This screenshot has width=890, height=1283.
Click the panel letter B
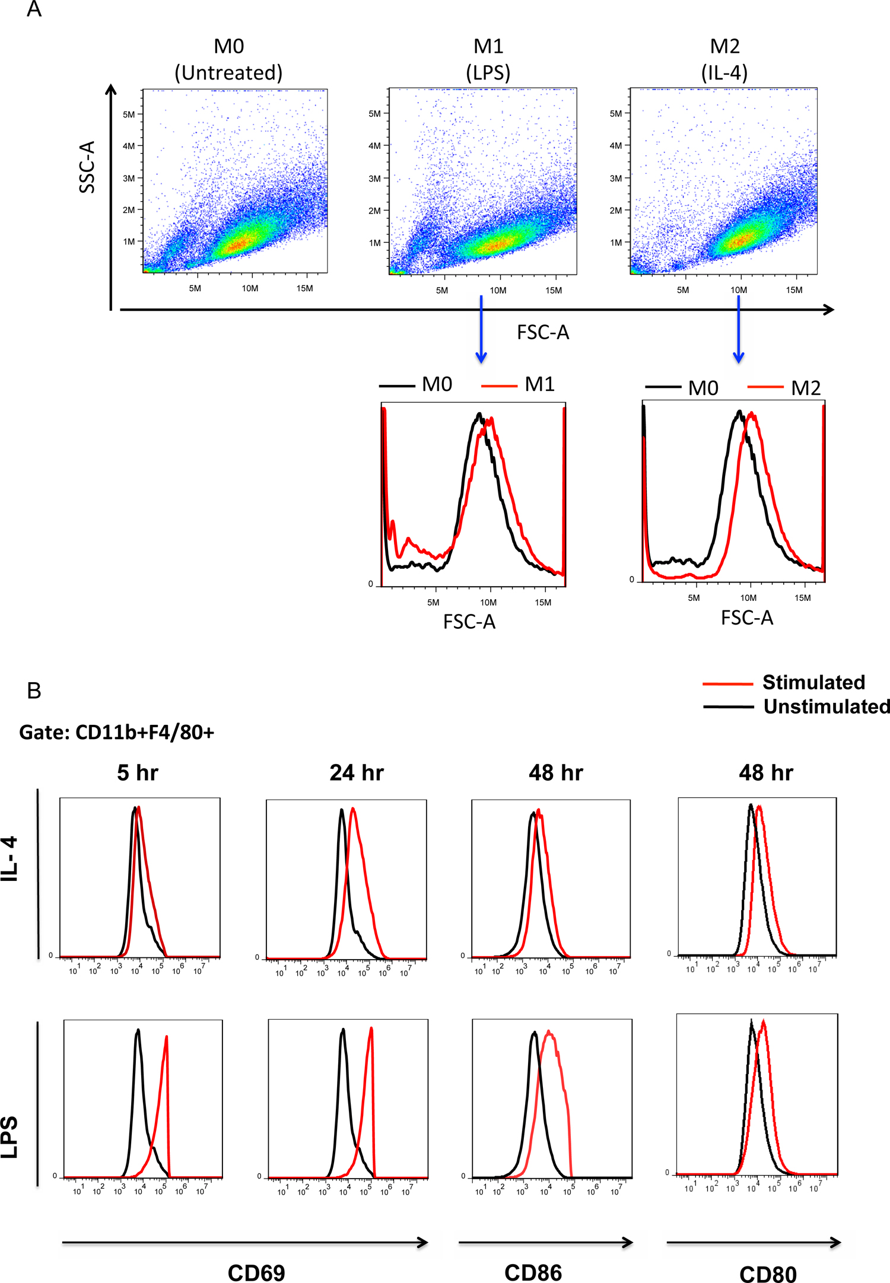(x=34, y=690)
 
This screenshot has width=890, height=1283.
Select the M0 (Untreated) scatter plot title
(x=228, y=59)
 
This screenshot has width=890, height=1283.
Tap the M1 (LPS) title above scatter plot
(x=488, y=59)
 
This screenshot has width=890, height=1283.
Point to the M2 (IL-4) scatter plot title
(x=724, y=59)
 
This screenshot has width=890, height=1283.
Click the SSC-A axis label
(x=87, y=167)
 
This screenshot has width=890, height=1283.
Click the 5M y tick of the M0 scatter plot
(x=129, y=114)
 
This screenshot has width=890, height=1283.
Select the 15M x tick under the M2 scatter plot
(x=794, y=290)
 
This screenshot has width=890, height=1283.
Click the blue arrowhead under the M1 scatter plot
(x=481, y=357)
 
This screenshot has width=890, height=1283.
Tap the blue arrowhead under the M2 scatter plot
(x=738, y=357)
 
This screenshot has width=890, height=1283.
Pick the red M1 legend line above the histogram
(x=499, y=386)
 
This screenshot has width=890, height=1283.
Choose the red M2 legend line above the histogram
(x=765, y=387)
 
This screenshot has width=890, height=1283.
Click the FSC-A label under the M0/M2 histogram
(x=747, y=618)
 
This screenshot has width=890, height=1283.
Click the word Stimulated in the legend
(x=813, y=682)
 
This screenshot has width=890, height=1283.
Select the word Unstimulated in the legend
(x=826, y=706)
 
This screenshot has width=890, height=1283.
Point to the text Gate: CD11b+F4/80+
(x=116, y=733)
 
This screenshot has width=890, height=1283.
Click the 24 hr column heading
(x=357, y=773)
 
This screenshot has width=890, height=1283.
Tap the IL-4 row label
(x=10, y=859)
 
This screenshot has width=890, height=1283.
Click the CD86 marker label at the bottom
(x=533, y=1273)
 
